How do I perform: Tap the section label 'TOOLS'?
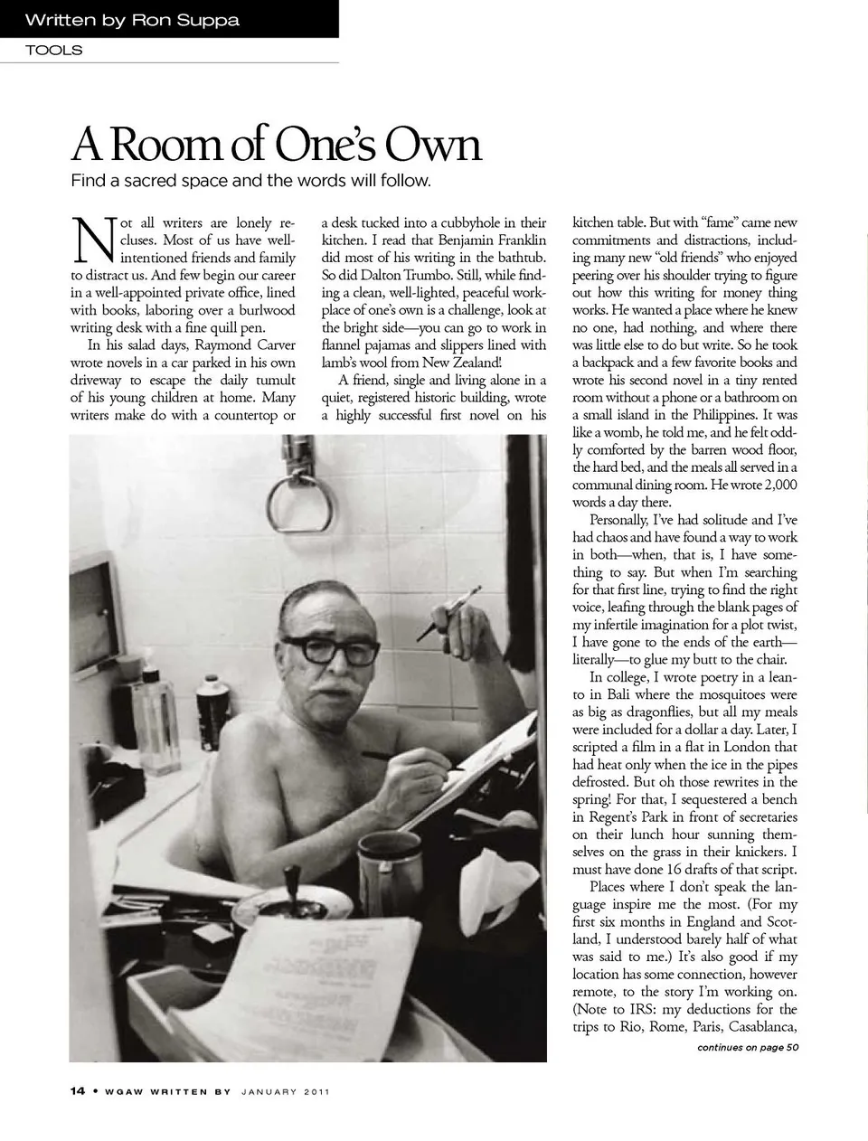(53, 51)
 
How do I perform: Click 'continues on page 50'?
(747, 1048)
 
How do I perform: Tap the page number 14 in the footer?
(77, 1091)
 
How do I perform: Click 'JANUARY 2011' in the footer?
(285, 1092)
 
